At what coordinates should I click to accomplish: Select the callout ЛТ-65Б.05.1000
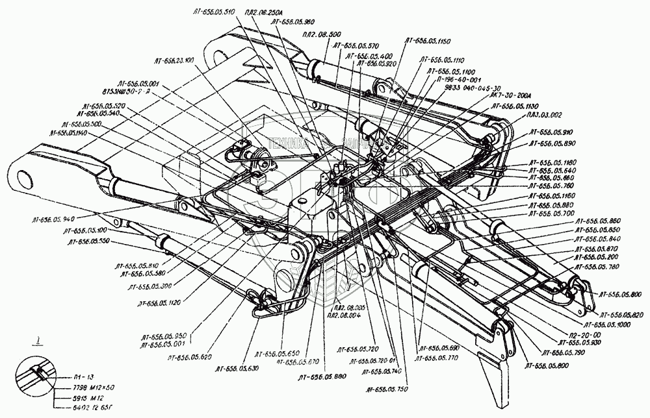pos(608,323)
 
